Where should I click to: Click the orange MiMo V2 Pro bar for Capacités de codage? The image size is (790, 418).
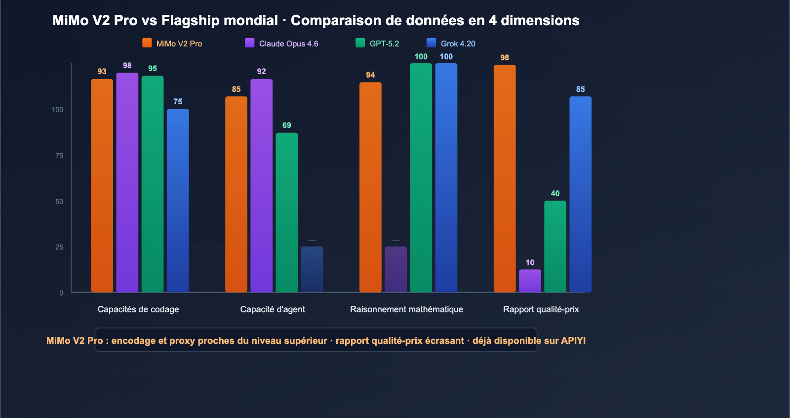coord(102,185)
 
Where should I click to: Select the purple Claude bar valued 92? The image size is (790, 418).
coord(261,185)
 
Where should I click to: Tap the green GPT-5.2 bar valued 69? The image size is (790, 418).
coord(286,212)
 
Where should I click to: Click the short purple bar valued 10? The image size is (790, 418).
coord(530,281)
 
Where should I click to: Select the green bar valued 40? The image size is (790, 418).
coord(555,246)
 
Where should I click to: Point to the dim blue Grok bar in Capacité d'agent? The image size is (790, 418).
coord(312,269)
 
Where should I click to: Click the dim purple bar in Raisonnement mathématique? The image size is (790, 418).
coord(395,269)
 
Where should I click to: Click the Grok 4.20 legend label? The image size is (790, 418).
coord(458,43)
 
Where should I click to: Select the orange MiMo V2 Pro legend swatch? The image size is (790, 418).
coord(147,43)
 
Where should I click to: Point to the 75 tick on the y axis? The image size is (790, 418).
coord(59,156)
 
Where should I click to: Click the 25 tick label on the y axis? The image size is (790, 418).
coord(59,247)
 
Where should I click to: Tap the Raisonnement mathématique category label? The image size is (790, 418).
coord(406,309)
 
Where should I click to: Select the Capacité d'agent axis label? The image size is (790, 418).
coord(273,309)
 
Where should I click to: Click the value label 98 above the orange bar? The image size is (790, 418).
coord(504,58)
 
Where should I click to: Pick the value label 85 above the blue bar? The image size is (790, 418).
coord(580,89)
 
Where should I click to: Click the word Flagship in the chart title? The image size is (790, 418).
coord(190,20)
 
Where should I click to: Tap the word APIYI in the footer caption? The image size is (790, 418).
coord(573,340)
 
